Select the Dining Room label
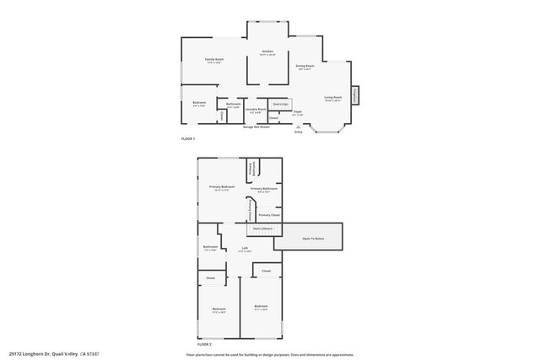tap(304, 67)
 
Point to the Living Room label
tap(332, 98)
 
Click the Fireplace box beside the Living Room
tap(355, 95)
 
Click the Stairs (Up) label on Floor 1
tap(280, 104)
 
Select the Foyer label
tap(297, 112)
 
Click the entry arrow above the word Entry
tap(298, 126)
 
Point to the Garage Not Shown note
tap(256, 126)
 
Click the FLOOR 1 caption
tap(187, 138)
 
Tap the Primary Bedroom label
tap(222, 188)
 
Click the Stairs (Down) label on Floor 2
tap(262, 228)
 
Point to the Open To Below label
tap(313, 239)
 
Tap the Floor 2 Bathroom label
tap(210, 248)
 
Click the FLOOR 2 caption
tap(204, 345)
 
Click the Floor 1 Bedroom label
tap(199, 105)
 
